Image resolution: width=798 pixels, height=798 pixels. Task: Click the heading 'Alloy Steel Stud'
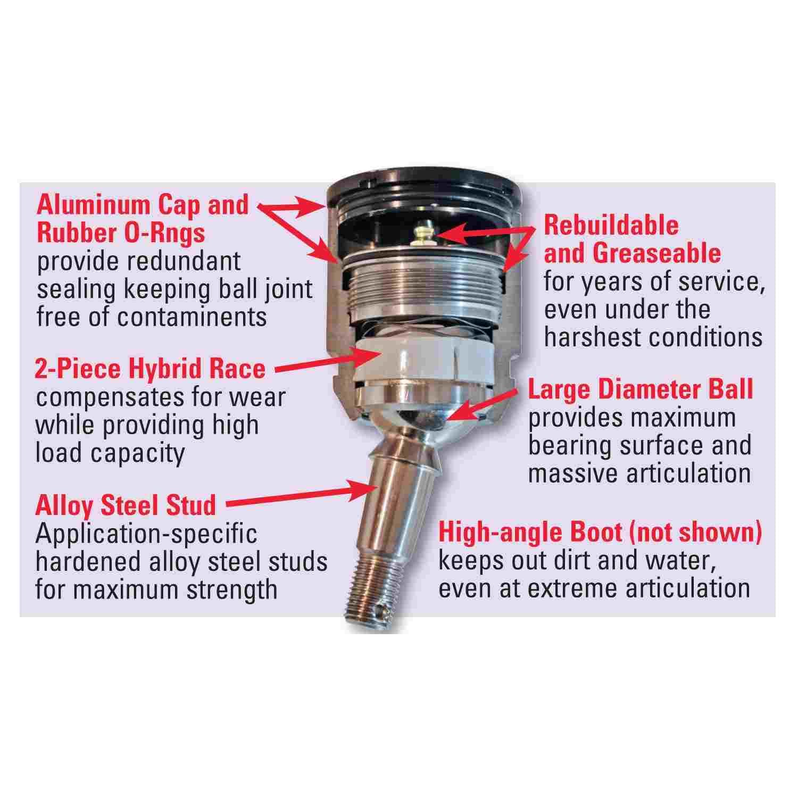click(126, 505)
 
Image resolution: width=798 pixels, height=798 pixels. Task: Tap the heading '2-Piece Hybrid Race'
click(150, 369)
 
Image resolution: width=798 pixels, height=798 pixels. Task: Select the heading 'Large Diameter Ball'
click(641, 390)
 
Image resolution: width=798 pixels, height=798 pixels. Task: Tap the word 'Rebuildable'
click(611, 226)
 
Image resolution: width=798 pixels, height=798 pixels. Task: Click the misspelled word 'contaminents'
click(192, 317)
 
